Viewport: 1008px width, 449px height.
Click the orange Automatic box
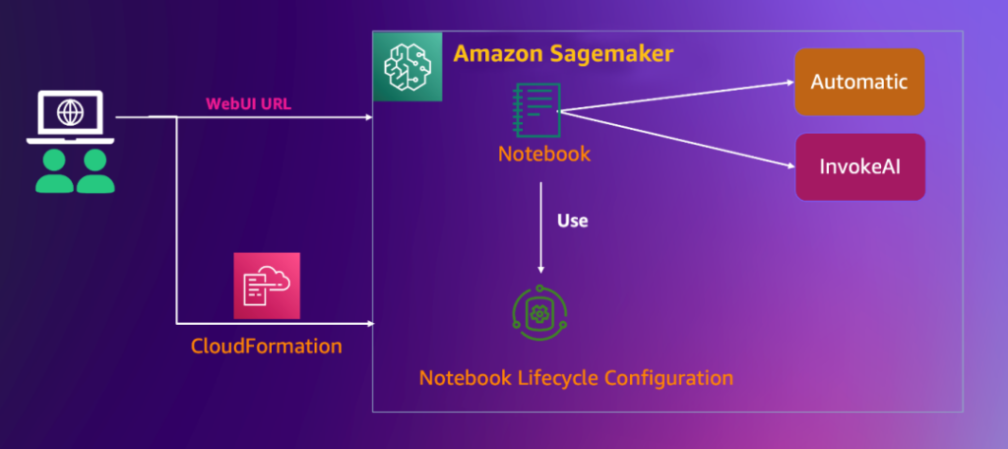pos(859,83)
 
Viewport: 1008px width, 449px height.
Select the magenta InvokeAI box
pos(859,166)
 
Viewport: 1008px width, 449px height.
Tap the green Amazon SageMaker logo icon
pos(407,65)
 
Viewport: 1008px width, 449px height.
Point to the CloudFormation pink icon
pos(267,286)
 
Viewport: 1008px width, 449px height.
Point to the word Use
pos(572,221)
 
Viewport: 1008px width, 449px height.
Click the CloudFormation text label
pos(267,347)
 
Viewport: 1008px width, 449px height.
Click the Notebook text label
pos(544,154)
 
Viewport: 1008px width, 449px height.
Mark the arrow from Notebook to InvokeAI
pos(679,141)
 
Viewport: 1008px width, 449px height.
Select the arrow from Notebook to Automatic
pos(679,97)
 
